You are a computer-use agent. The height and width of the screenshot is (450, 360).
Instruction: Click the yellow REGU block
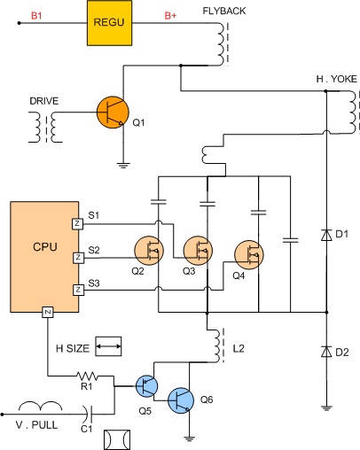[x=109, y=23]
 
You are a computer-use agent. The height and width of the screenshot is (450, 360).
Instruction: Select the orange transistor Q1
[x=113, y=112]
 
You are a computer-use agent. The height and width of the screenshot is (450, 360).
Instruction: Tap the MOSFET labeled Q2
[x=149, y=251]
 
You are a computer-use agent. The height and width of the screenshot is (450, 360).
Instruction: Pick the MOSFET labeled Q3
[x=198, y=251]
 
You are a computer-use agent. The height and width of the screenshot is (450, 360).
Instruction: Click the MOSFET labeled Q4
[x=249, y=255]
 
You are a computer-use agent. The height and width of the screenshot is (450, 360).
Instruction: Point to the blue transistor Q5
[x=146, y=386]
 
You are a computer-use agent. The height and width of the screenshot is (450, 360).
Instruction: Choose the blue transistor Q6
[x=181, y=400]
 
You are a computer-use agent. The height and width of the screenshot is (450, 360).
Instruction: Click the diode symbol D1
[x=326, y=235]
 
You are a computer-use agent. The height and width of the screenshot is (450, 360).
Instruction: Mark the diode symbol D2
[x=326, y=352]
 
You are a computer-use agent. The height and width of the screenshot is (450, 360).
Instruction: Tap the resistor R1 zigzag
[x=87, y=376]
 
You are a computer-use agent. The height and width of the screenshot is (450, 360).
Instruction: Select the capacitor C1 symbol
[x=89, y=414]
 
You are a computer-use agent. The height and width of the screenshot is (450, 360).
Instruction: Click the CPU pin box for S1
[x=77, y=224]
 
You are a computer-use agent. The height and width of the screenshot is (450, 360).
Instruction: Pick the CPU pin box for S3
[x=78, y=290]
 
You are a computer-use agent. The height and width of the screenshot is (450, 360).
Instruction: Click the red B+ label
[x=170, y=16]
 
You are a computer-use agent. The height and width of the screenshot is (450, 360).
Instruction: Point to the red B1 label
[x=36, y=16]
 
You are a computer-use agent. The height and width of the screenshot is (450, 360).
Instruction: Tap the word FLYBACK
[x=224, y=11]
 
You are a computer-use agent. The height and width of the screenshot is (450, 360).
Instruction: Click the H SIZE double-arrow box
[x=108, y=346]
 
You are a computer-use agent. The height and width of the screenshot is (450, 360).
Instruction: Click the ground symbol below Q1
[x=123, y=165]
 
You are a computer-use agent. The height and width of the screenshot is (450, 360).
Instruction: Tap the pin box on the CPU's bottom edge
[x=48, y=312]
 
